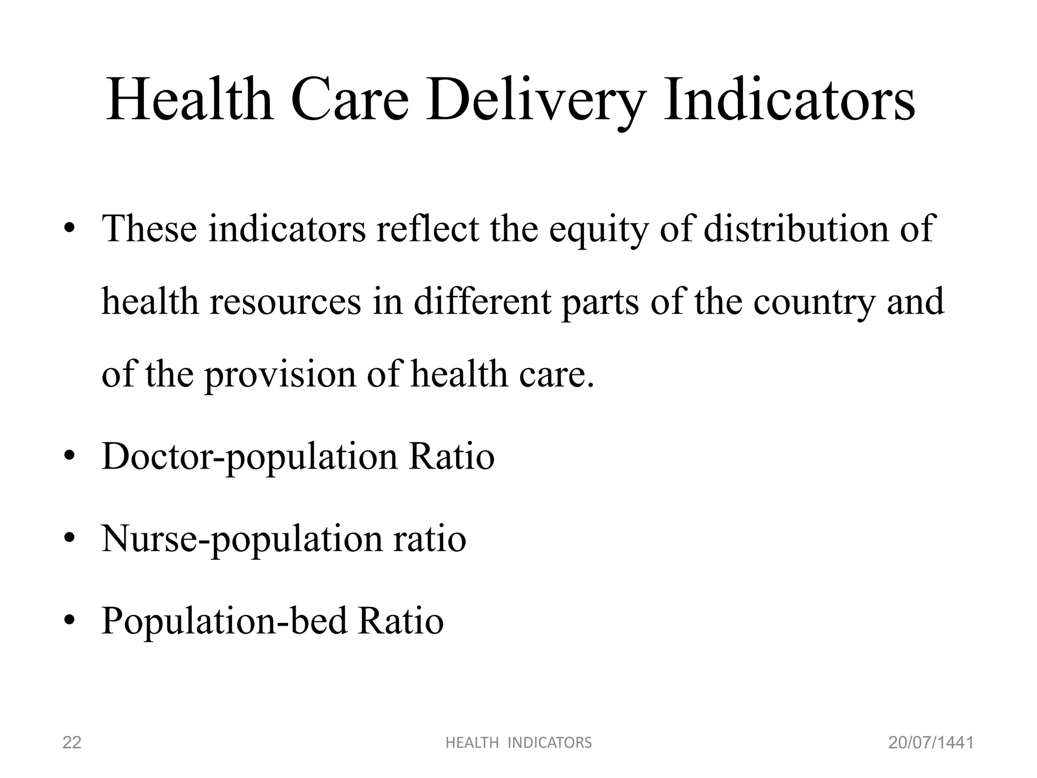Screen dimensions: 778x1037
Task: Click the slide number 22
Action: click(71, 743)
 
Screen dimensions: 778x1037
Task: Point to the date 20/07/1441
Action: click(931, 743)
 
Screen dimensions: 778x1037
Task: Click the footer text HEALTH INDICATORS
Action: click(518, 743)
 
